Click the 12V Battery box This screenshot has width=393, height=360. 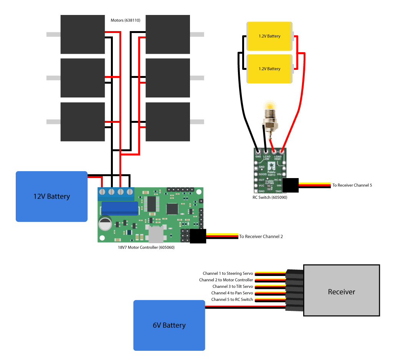[x=51, y=197]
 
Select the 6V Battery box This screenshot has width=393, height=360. [x=169, y=325]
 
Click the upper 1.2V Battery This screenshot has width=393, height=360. [x=269, y=36]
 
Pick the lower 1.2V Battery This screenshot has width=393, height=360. [x=269, y=69]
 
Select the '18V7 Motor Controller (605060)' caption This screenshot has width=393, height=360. [x=146, y=248]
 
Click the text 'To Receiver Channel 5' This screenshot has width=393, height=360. [x=352, y=185]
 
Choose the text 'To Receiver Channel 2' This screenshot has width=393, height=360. [x=261, y=236]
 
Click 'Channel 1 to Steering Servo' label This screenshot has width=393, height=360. [x=228, y=274]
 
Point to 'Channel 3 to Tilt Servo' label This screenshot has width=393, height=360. [x=233, y=287]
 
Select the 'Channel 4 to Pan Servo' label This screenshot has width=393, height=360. [x=232, y=293]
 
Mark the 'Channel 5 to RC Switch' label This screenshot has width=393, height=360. [x=232, y=299]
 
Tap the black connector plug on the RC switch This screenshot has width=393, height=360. [x=291, y=185]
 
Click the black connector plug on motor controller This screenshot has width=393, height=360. [x=198, y=236]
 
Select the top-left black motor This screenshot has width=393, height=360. [x=83, y=34]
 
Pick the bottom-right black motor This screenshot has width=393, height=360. [x=168, y=122]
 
